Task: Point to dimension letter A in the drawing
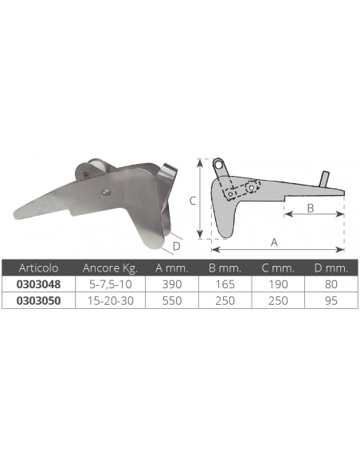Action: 275,240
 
